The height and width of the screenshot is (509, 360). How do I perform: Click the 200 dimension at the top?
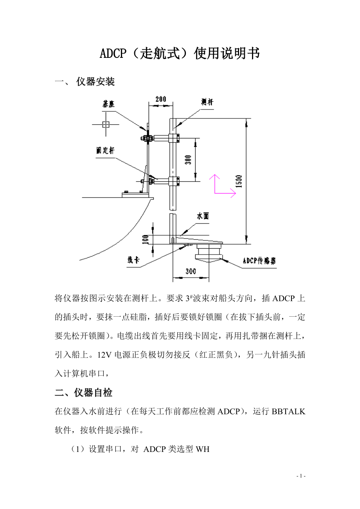click(160, 99)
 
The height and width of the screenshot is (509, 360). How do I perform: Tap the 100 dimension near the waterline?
click(146, 238)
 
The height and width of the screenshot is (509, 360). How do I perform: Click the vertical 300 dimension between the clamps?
click(188, 160)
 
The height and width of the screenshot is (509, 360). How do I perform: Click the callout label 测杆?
click(207, 102)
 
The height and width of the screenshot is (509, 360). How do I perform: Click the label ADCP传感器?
click(259, 261)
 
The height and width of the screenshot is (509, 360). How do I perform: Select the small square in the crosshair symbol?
click(105, 125)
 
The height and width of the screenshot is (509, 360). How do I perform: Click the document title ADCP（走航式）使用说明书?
click(180, 54)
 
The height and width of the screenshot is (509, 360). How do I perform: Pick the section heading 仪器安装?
click(95, 82)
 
